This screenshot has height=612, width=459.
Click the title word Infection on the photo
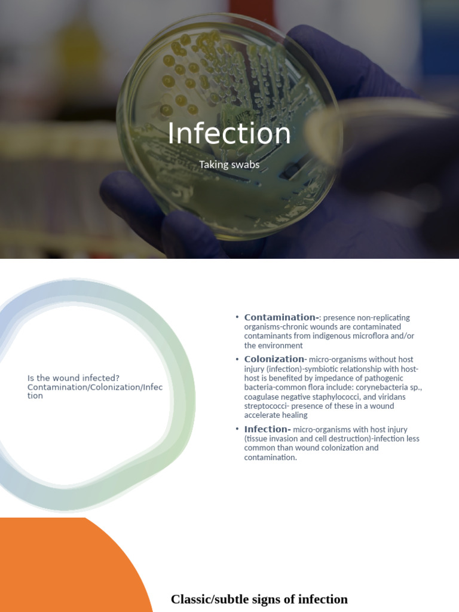(x=229, y=133)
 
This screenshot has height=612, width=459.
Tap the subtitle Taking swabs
(x=229, y=164)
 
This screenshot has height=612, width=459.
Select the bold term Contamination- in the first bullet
(x=281, y=317)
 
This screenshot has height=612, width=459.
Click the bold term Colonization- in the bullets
(x=275, y=359)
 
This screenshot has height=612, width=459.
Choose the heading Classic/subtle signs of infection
(x=259, y=599)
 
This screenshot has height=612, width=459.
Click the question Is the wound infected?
(x=74, y=378)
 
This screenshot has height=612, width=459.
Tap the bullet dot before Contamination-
(x=237, y=317)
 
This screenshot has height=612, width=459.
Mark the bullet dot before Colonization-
(x=237, y=359)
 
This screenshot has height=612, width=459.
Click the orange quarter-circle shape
(x=60, y=568)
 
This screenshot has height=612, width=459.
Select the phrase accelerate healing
(x=276, y=415)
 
